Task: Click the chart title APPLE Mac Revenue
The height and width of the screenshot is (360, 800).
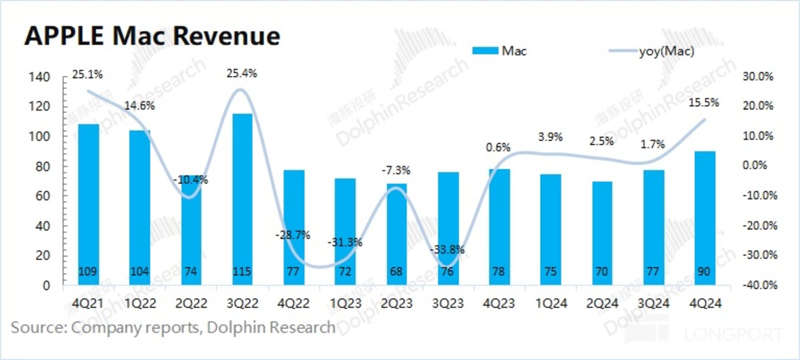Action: [x=152, y=36]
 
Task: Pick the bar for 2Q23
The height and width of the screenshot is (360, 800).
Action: [x=396, y=234]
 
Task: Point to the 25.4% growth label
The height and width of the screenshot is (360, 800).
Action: [x=242, y=73]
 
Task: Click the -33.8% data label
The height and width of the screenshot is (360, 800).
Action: [x=448, y=250]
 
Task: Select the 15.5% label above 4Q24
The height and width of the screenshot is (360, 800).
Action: [x=704, y=102]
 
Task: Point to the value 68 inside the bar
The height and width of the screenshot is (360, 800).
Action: [x=396, y=272]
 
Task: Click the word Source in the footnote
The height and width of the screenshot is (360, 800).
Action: [x=37, y=327]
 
